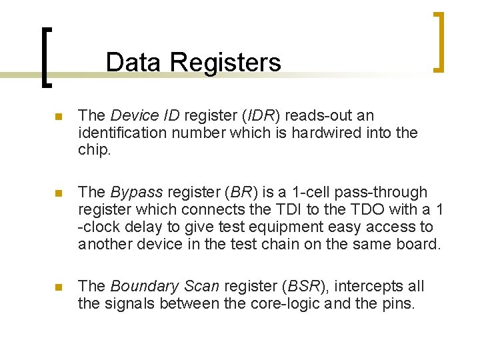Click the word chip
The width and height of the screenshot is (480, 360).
93,150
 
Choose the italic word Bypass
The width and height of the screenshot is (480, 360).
137,193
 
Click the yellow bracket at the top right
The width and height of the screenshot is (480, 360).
439,41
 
